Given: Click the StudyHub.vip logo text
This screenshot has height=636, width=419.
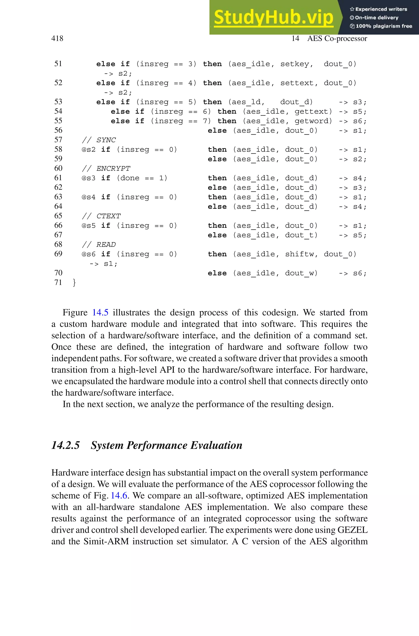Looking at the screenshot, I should (x=273, y=18).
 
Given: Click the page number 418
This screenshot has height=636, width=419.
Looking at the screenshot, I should (x=57, y=39).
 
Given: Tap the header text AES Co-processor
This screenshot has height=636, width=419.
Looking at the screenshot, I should (x=337, y=39).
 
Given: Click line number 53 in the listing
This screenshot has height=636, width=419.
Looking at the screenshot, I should (x=58, y=102).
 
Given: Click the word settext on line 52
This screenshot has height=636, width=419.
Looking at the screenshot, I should (x=297, y=83).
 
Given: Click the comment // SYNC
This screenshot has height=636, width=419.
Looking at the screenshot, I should (x=99, y=140).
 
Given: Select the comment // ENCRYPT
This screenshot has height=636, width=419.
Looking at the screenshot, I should (x=106, y=169).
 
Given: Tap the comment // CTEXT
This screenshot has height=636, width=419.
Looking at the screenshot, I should (x=101, y=216).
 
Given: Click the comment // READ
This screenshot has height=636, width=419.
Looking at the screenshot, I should (x=99, y=245).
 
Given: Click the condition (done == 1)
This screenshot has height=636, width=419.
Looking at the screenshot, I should (x=142, y=178).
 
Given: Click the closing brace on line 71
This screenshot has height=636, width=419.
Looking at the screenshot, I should (x=74, y=282).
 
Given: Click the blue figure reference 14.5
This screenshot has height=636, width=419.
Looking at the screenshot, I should (x=100, y=313).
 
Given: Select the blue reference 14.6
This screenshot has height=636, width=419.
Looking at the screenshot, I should (x=119, y=495).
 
